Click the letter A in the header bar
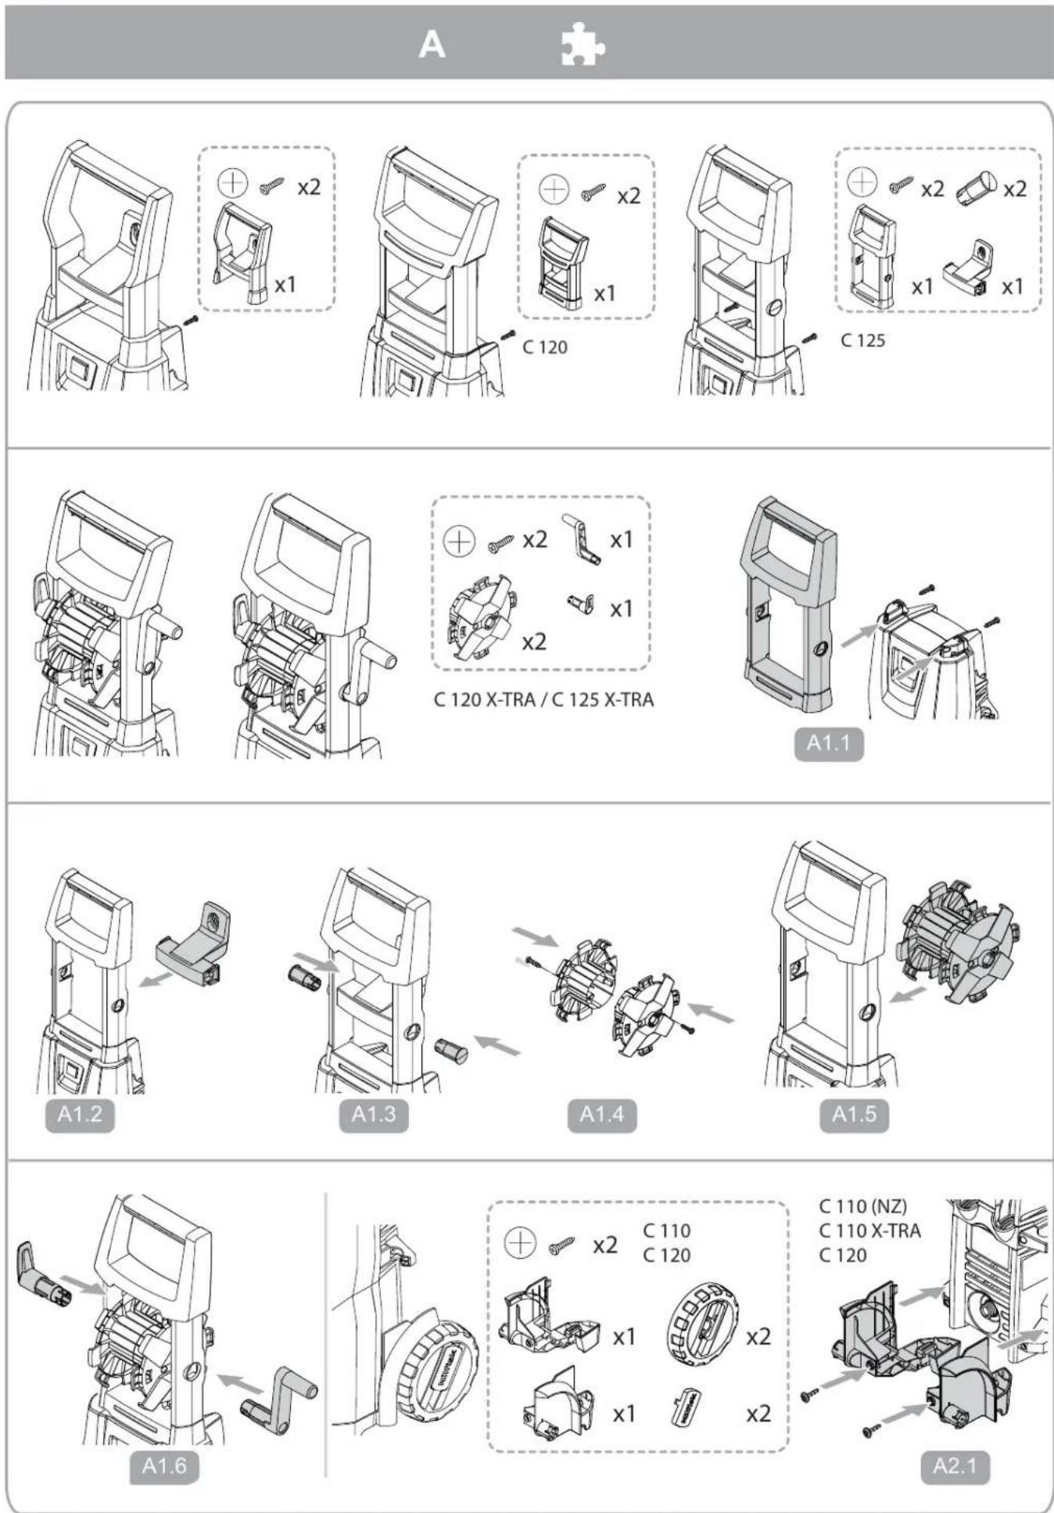432,45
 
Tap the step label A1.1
829,742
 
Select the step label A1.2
80,1113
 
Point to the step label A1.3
373,1113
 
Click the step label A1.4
601,1113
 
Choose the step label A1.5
854,1113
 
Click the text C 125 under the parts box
862,340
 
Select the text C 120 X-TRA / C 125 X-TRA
543,699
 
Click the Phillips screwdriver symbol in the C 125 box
862,181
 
